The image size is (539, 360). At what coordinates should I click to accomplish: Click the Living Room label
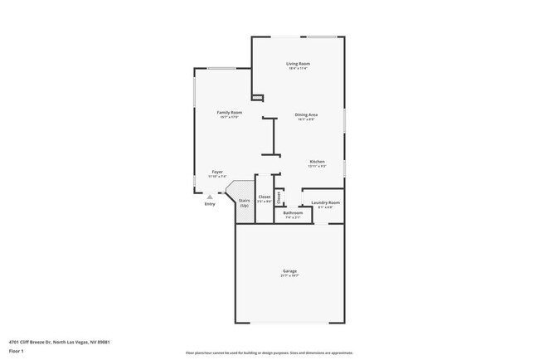point(298,63)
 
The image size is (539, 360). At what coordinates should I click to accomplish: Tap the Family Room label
point(230,112)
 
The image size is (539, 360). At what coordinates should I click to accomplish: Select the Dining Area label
point(307,114)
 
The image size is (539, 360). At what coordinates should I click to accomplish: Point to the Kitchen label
point(317,161)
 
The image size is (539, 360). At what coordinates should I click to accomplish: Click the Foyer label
point(217,172)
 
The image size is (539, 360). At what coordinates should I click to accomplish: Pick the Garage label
point(289,270)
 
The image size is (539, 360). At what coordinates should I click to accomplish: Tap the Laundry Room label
point(326,202)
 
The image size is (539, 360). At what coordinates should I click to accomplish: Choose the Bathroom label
point(293,212)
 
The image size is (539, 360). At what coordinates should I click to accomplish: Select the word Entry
point(209,204)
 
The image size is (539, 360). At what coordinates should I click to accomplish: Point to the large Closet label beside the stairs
point(265,197)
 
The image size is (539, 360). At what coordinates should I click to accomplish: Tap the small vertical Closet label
point(279,198)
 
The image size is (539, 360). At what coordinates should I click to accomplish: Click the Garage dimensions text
point(289,275)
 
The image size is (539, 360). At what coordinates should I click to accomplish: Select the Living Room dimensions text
point(298,68)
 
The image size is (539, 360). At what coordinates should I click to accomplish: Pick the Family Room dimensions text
point(230,117)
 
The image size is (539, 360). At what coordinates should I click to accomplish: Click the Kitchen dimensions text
point(317,166)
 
